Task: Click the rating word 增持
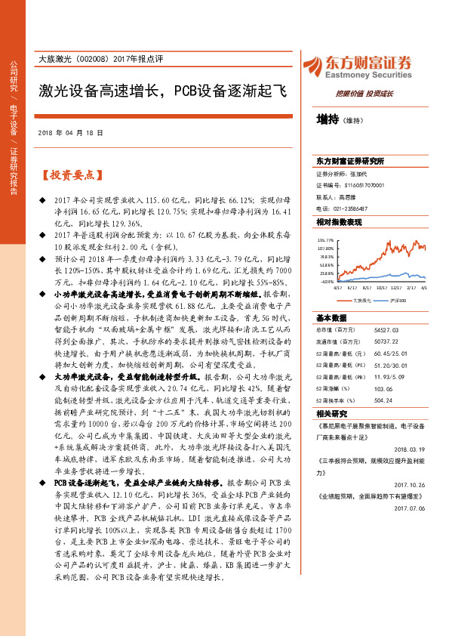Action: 328,119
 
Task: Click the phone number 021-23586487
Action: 352,208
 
